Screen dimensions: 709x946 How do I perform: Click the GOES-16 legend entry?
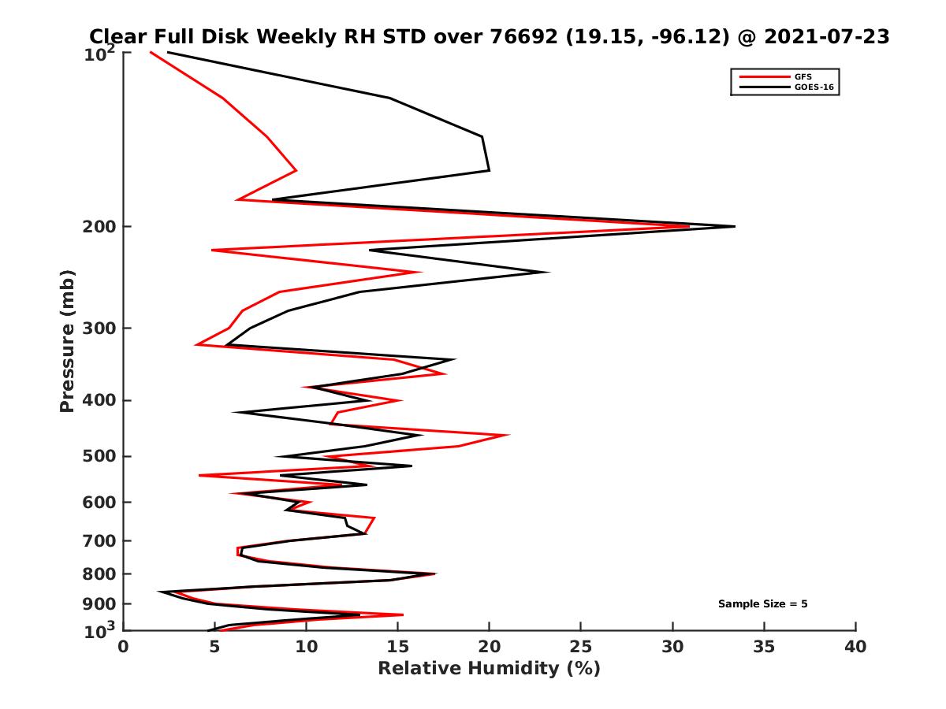coord(812,87)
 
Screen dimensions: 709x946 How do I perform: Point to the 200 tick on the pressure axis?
coord(101,227)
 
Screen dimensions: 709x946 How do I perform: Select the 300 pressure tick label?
coord(101,329)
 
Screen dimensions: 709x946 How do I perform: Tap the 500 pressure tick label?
coord(101,456)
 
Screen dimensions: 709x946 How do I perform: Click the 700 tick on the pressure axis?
coord(101,540)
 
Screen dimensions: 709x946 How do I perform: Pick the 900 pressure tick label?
coord(101,604)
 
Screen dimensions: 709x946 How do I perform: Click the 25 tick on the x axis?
coord(581,647)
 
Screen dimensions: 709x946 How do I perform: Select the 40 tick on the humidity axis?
coord(855,647)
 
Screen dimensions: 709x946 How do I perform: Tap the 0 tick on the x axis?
coord(124,647)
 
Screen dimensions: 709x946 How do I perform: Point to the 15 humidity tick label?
coord(398,647)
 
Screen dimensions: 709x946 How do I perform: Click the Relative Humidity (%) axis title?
coord(489,669)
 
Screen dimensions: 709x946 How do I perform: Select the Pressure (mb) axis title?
coord(67,340)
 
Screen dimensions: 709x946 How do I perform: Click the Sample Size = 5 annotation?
coord(762,604)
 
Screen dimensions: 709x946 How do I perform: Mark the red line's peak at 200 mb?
coord(689,227)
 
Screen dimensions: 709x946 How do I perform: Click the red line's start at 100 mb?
coord(151,53)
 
